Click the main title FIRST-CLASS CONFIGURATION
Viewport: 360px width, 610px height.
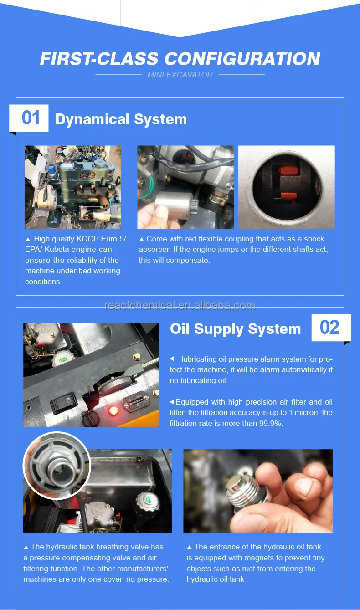point(180,59)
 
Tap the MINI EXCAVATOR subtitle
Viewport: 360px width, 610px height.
point(180,75)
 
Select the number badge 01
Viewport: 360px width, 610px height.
point(31,118)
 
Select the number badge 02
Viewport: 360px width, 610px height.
point(330,328)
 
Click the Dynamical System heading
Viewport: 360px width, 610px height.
point(121,119)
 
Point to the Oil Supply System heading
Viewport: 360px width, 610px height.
point(235,329)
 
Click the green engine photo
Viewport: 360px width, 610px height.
point(73,187)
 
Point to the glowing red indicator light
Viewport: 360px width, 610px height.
point(113,411)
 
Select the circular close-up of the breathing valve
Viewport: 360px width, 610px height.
point(57,465)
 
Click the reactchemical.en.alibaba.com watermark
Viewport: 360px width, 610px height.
point(180,305)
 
